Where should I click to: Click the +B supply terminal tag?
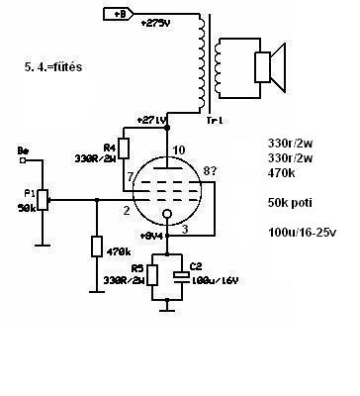119,14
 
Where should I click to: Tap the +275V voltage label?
156,24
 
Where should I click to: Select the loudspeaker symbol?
269,67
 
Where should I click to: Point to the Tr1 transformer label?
215,121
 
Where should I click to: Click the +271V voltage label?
151,120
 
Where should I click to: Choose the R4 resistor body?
124,148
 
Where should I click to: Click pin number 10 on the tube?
179,150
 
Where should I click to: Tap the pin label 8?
210,171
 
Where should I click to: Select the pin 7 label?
130,177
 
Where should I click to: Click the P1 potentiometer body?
43,200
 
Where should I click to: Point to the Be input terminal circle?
23,160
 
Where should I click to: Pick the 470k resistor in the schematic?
97,247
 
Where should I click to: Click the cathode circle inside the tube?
167,214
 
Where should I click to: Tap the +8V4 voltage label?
152,236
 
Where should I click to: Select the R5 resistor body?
152,275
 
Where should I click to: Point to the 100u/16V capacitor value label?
215,281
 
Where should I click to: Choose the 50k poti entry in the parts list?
290,203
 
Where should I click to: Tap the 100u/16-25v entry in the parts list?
303,233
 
